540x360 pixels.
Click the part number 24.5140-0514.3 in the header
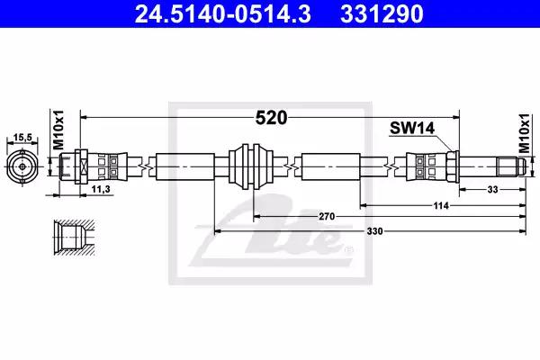coord(223,13)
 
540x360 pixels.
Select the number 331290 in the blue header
coord(382,13)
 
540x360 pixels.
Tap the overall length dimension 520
coord(271,118)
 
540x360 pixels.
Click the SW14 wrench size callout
coord(412,128)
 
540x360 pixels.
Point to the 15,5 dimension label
coord(22,138)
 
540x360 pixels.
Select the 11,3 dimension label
coord(101,189)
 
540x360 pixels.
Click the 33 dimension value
coord(493,190)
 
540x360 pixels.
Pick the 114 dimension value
coord(441,206)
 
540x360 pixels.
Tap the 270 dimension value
coord(327,216)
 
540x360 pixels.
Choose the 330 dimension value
coord(374,231)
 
